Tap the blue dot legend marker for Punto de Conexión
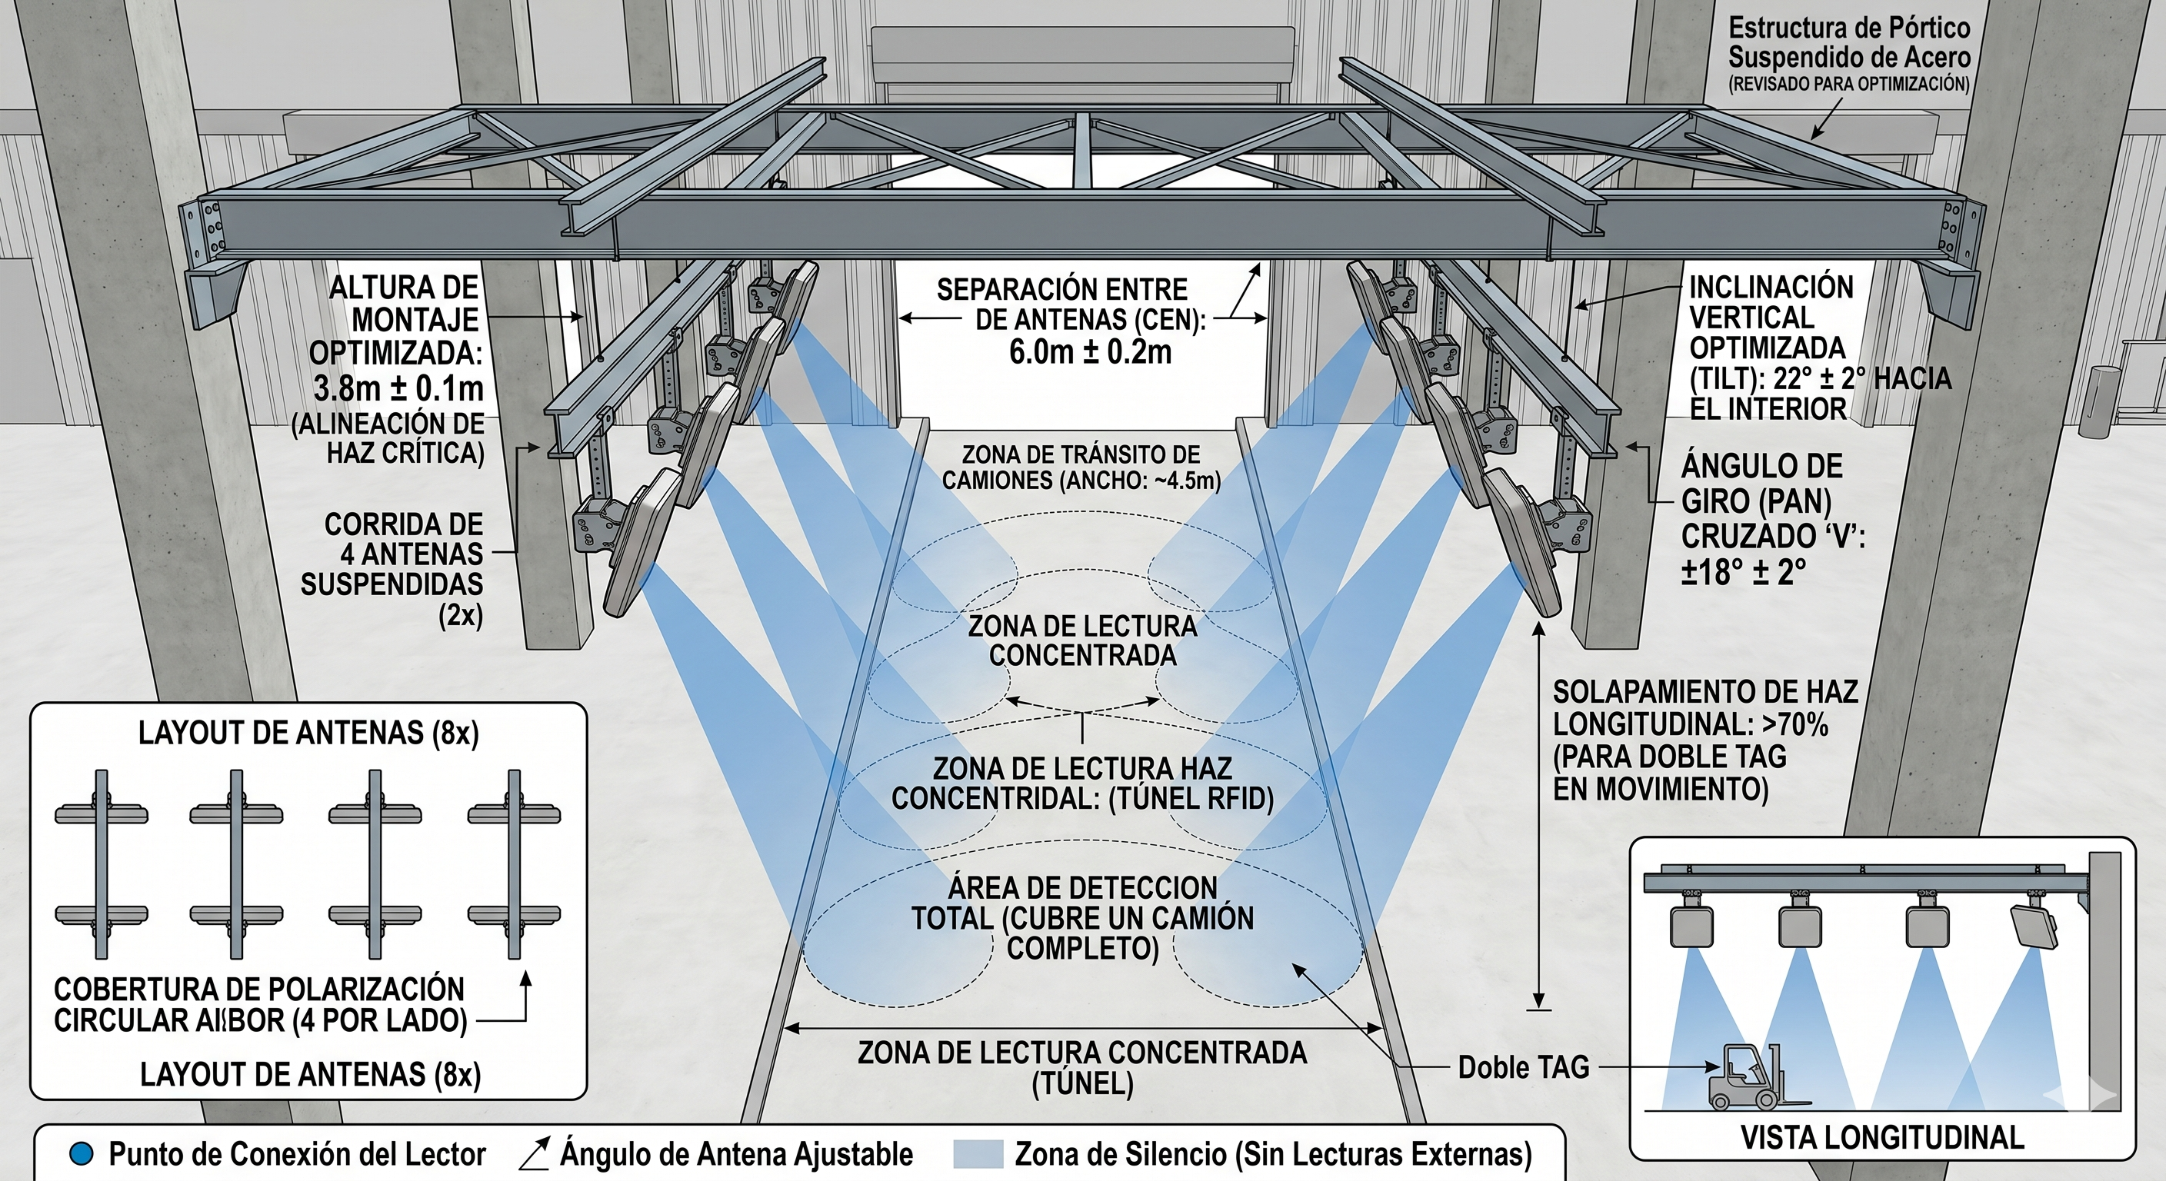pyautogui.click(x=82, y=1154)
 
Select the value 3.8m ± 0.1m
pyautogui.click(x=398, y=388)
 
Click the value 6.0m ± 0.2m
pyautogui.click(x=1090, y=351)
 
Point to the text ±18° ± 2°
pyautogui.click(x=1743, y=571)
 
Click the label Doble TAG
pyautogui.click(x=1523, y=1067)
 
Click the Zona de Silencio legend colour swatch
pyautogui.click(x=977, y=1154)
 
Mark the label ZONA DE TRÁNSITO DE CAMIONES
pyautogui.click(x=1081, y=467)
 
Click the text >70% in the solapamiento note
pyautogui.click(x=1796, y=724)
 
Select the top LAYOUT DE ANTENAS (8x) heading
pyautogui.click(x=308, y=733)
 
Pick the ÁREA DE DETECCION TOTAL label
pyautogui.click(x=1082, y=918)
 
